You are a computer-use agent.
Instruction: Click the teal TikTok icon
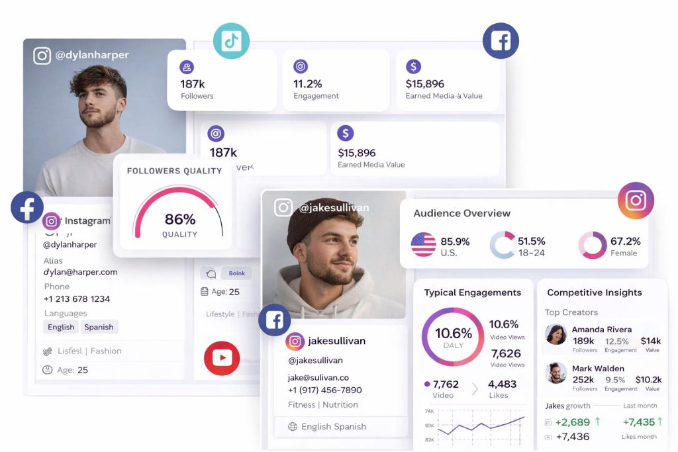pyautogui.click(x=231, y=40)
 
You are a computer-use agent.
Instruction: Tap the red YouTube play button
pyautogui.click(x=222, y=358)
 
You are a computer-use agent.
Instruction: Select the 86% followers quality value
pyautogui.click(x=179, y=219)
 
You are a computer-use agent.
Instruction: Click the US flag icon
pyautogui.click(x=424, y=244)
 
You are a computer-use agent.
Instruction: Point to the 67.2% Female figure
pyautogui.click(x=625, y=242)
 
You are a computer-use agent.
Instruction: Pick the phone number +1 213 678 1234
pyautogui.click(x=77, y=299)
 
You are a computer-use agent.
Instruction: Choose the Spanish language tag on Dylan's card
pyautogui.click(x=99, y=327)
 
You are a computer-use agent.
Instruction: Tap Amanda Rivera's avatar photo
pyautogui.click(x=556, y=334)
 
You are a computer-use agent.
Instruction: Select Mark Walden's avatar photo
pyautogui.click(x=556, y=373)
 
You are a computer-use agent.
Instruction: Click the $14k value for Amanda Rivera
pyautogui.click(x=650, y=341)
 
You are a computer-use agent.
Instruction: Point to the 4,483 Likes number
pyautogui.click(x=502, y=384)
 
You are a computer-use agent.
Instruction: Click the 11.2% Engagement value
pyautogui.click(x=308, y=84)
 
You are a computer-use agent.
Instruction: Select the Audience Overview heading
pyautogui.click(x=461, y=213)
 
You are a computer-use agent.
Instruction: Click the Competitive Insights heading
pyautogui.click(x=594, y=293)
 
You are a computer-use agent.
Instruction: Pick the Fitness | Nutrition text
pyautogui.click(x=322, y=404)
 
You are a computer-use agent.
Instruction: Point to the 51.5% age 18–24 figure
pyautogui.click(x=531, y=242)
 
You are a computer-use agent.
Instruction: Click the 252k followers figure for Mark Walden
pyautogui.click(x=583, y=380)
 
